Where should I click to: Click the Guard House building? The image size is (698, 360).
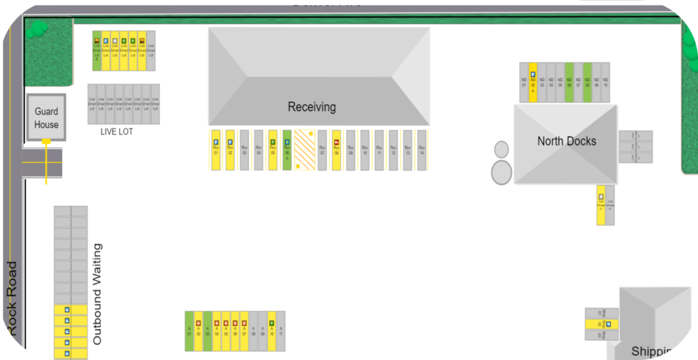46,118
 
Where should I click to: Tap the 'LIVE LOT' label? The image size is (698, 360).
117,132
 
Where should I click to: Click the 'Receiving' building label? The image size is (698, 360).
312,107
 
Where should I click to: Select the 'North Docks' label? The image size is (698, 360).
566,141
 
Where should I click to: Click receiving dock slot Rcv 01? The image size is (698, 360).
215,151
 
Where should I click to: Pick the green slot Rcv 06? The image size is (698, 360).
287,151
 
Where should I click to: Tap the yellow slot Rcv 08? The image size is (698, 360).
336,151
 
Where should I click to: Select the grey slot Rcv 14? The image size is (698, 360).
422,151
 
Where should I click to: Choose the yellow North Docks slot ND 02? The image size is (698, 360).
533,82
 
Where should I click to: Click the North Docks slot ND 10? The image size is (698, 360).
605,82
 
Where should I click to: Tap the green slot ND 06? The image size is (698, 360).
569,82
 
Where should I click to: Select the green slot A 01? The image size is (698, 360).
189,331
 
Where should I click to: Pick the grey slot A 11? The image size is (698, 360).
280,331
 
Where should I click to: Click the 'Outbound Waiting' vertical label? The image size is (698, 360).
97,293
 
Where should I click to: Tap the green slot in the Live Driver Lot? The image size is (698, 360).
97,50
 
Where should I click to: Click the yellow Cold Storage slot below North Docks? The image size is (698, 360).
601,205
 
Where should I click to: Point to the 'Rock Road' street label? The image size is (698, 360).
12,298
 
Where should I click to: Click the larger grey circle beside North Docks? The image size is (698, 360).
502,172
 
